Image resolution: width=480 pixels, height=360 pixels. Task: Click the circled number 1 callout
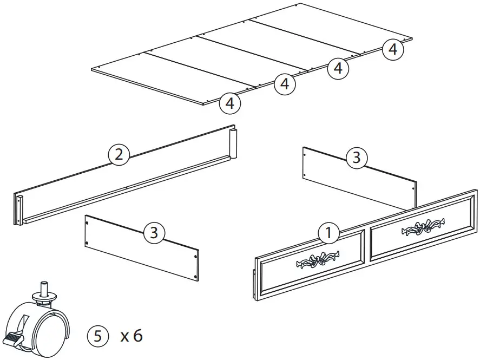(328, 233)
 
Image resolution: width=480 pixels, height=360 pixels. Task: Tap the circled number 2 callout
(119, 155)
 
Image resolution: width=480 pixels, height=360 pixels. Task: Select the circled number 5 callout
(98, 336)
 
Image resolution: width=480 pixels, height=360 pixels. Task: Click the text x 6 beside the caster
(131, 336)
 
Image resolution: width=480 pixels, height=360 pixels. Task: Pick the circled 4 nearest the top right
(393, 49)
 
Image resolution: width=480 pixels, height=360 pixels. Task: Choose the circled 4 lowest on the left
(230, 102)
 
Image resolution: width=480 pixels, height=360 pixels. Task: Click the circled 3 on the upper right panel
(356, 158)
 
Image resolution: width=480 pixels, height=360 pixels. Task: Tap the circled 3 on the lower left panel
(154, 233)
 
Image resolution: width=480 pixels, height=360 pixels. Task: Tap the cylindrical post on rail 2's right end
(234, 143)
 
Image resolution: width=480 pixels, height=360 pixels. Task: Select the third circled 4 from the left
(338, 68)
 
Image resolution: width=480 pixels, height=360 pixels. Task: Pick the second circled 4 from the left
(284, 84)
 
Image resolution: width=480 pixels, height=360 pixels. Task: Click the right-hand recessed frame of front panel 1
(422, 227)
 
